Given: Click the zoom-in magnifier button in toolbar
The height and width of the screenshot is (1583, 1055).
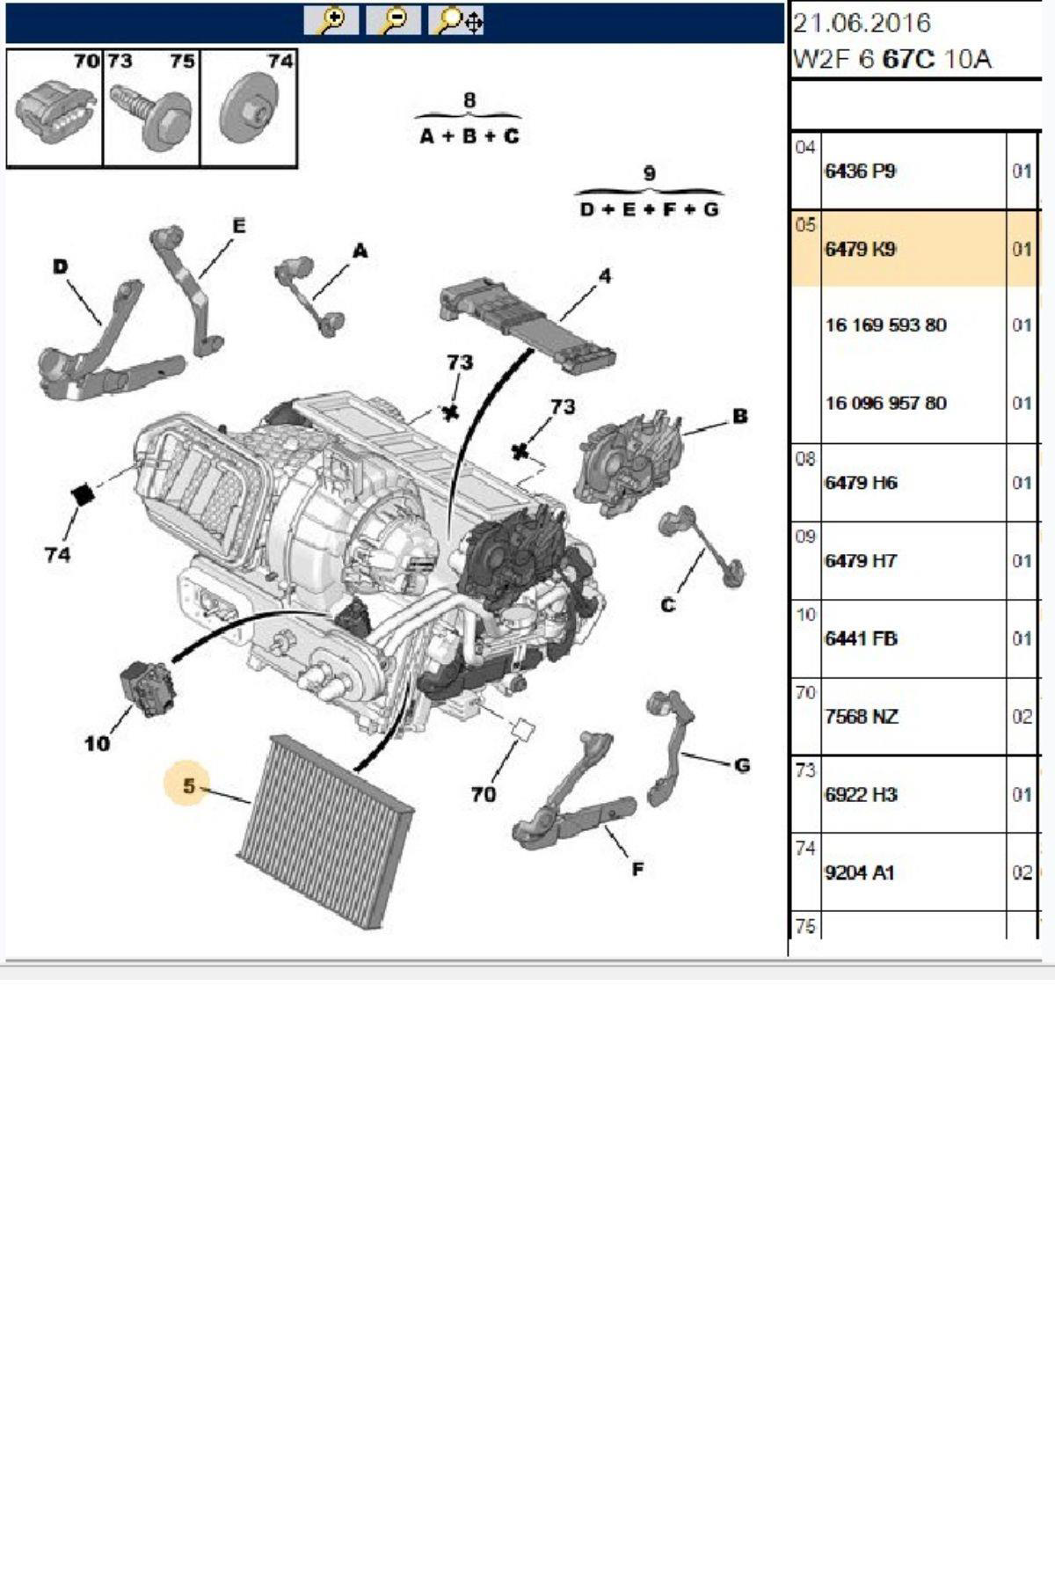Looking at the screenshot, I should pos(331,20).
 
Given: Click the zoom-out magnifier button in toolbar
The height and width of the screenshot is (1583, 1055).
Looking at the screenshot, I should pos(393,20).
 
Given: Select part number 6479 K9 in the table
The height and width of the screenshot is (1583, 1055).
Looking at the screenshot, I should pos(860,249).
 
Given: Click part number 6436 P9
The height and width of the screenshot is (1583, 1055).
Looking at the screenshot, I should pos(860,171).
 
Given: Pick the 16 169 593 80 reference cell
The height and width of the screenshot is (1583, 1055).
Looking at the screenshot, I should pos(885,325).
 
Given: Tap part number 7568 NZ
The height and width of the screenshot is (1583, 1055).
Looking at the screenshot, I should pos(861,717).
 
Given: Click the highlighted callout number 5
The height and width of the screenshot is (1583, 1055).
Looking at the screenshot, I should pos(188,785).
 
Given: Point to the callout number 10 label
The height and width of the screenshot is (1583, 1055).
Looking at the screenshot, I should pos(97,744).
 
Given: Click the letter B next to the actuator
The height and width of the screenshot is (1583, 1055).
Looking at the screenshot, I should pos(739,416).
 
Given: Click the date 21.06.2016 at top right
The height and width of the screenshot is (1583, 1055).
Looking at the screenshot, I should pos(862,23).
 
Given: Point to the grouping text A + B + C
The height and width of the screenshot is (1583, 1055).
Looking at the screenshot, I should pos(469,136).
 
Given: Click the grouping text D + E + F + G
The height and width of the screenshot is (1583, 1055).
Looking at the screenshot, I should pos(649,209).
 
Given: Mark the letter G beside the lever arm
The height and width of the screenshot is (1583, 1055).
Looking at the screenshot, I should pos(741,765).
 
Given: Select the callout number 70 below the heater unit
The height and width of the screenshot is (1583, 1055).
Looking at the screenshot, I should pos(483,794).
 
